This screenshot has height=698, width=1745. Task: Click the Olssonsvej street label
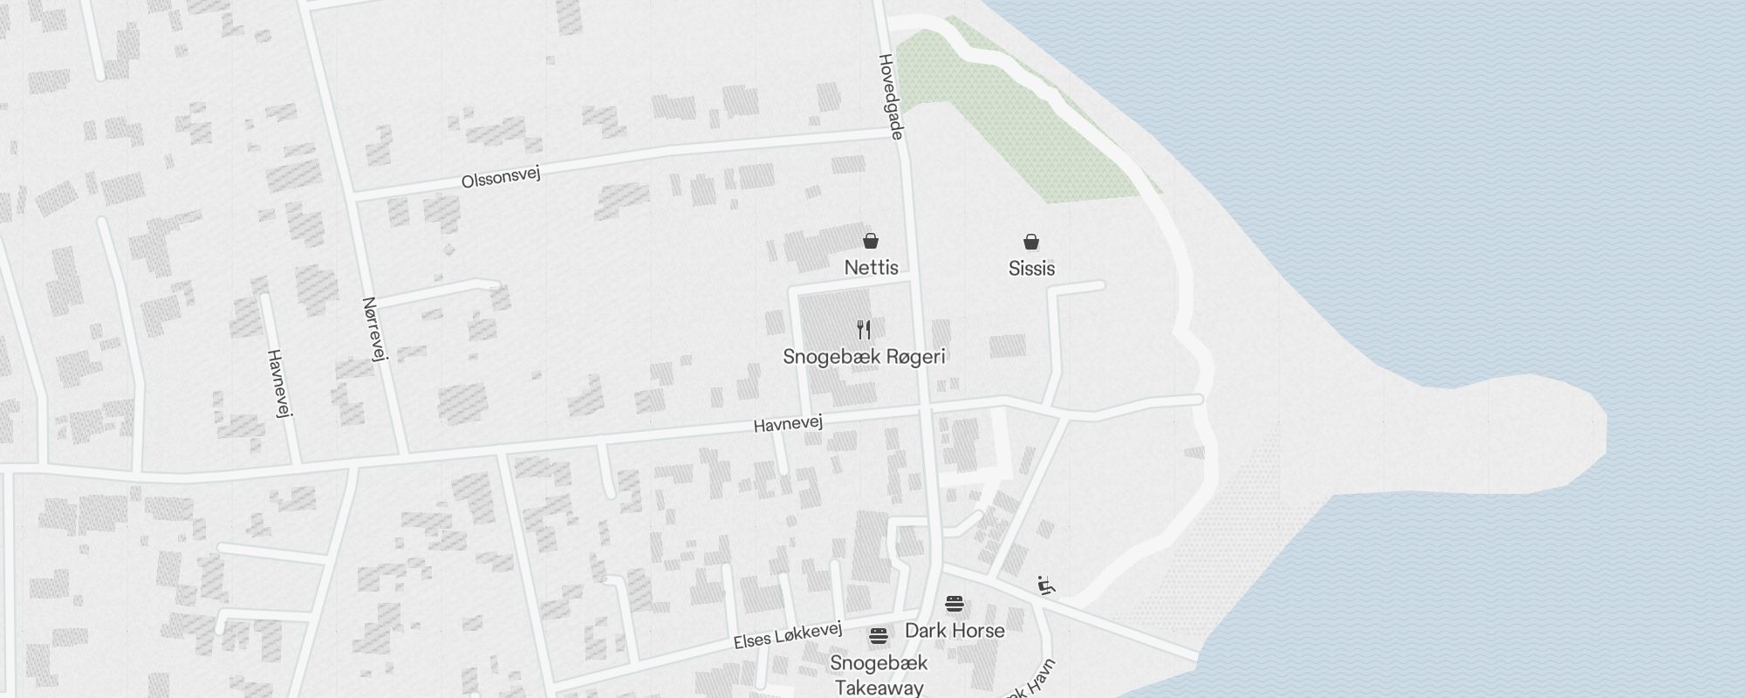click(x=501, y=176)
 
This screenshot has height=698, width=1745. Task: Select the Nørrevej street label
click(x=374, y=329)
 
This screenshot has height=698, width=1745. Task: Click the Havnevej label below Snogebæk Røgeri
click(x=788, y=423)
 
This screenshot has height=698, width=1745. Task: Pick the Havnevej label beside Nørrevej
click(x=278, y=383)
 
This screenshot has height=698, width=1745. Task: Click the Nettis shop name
click(x=871, y=267)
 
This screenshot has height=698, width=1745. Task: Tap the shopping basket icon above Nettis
click(x=871, y=241)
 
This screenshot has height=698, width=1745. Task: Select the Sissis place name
click(x=1031, y=268)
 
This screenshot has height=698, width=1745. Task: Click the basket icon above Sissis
click(x=1031, y=241)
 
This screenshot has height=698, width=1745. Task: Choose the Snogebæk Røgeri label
click(x=864, y=356)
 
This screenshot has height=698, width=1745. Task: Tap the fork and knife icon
click(x=864, y=329)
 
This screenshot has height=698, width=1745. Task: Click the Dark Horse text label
click(x=955, y=630)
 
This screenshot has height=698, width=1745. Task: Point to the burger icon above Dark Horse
click(x=955, y=604)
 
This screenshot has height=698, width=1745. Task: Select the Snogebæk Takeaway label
click(x=879, y=674)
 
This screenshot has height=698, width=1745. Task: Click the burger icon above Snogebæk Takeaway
click(x=879, y=635)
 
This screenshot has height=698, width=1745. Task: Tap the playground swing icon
click(x=1046, y=585)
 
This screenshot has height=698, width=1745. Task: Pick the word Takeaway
click(x=879, y=688)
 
